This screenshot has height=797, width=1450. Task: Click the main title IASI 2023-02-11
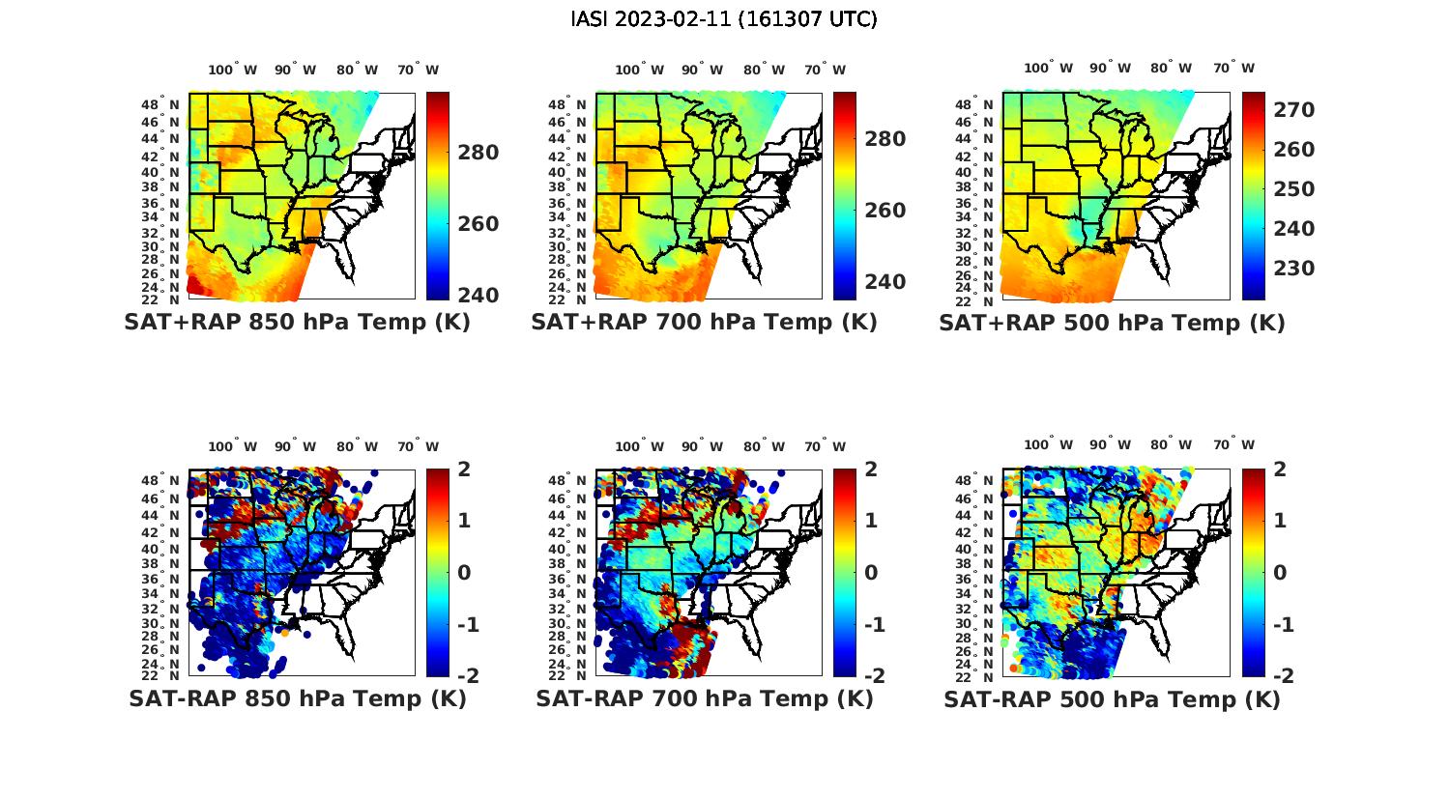pos(724,19)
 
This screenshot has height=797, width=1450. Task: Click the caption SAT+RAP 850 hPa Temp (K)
pos(297,323)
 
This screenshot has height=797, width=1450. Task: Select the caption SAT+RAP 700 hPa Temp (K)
pos(704,323)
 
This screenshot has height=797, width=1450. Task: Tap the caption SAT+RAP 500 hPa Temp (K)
pos(1112,323)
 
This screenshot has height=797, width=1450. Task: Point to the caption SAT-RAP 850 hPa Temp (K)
pos(297,698)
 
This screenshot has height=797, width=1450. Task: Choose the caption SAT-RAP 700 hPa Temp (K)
pos(704,698)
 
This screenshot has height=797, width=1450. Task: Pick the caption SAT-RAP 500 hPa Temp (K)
pos(1112,699)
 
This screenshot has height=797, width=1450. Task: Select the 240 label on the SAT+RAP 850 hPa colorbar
pos(478,295)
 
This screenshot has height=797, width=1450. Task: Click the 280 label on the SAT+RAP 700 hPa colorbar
pos(884,139)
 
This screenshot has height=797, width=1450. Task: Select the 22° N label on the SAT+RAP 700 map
pos(567,299)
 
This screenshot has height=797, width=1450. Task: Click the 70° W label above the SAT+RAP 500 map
pos(1233,68)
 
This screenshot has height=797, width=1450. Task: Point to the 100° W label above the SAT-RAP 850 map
pos(232,446)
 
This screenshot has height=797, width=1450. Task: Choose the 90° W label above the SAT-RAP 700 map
pos(702,446)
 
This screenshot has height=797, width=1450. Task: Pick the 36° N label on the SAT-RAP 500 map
pos(975,579)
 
